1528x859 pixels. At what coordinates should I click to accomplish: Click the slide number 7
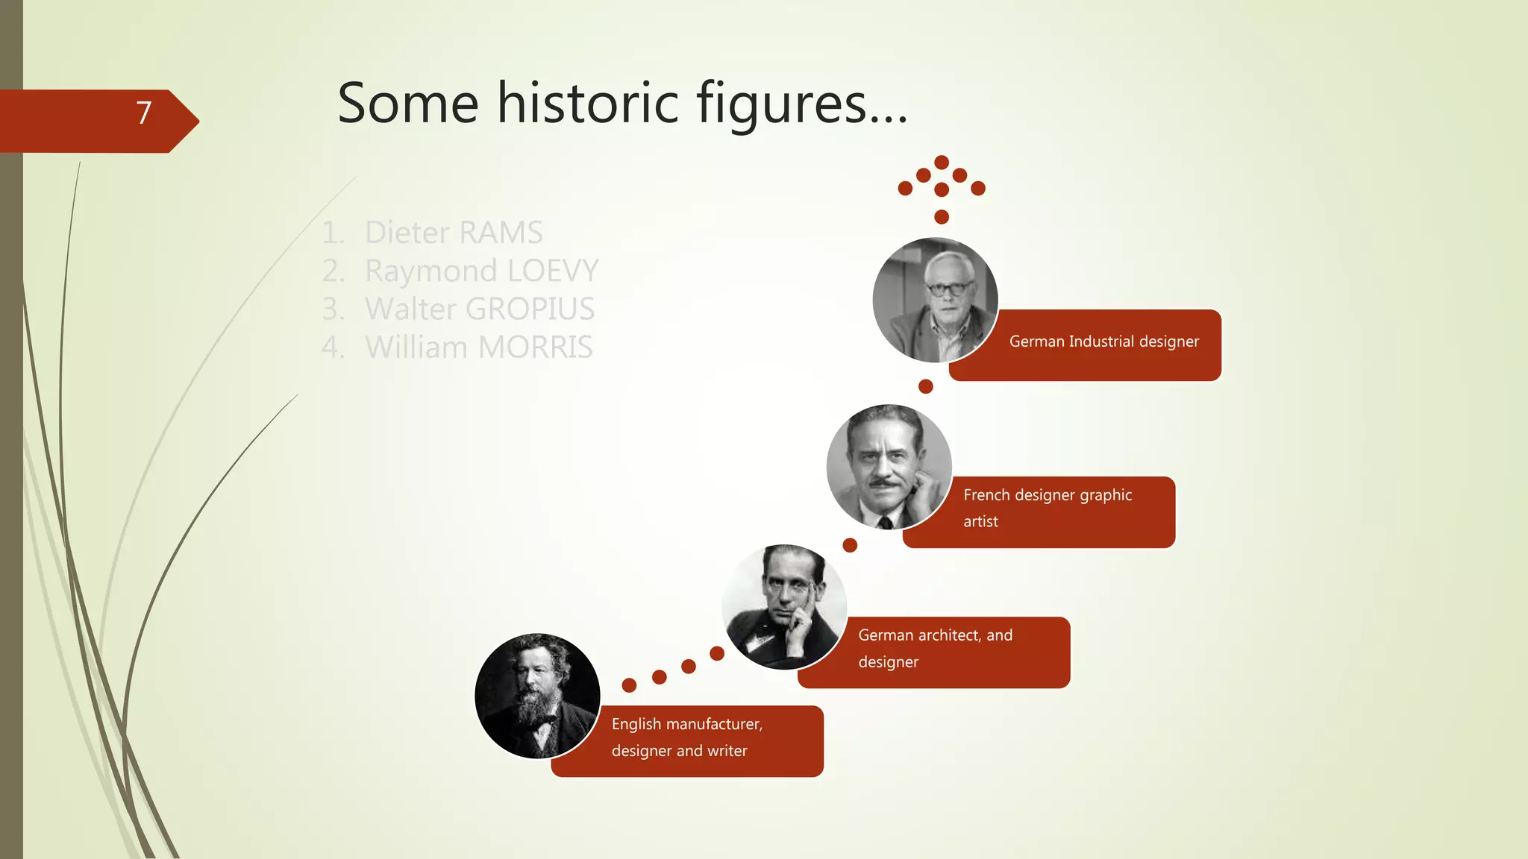[x=144, y=113]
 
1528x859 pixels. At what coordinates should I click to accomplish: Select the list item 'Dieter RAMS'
[x=453, y=233]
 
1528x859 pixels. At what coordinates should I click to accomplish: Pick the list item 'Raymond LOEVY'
[x=481, y=271]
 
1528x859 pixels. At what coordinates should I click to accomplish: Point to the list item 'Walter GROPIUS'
[x=479, y=309]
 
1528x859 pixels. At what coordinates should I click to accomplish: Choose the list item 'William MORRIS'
[x=478, y=347]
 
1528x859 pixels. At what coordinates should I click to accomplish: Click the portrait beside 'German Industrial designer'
[x=936, y=300]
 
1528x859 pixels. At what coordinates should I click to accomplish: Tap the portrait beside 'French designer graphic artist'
[x=889, y=467]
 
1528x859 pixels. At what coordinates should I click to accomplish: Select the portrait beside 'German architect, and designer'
[x=784, y=607]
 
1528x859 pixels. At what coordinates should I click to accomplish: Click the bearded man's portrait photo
[x=537, y=696]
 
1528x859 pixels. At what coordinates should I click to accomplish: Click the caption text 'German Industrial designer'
[x=1103, y=342]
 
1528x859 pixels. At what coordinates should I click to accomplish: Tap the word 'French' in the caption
[x=986, y=495]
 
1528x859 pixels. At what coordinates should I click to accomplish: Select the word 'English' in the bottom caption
[x=636, y=724]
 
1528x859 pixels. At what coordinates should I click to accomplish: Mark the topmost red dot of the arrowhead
[x=942, y=162]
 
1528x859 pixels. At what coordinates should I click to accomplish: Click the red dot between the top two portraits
[x=926, y=386]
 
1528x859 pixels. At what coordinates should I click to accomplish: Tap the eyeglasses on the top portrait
[x=949, y=287]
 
